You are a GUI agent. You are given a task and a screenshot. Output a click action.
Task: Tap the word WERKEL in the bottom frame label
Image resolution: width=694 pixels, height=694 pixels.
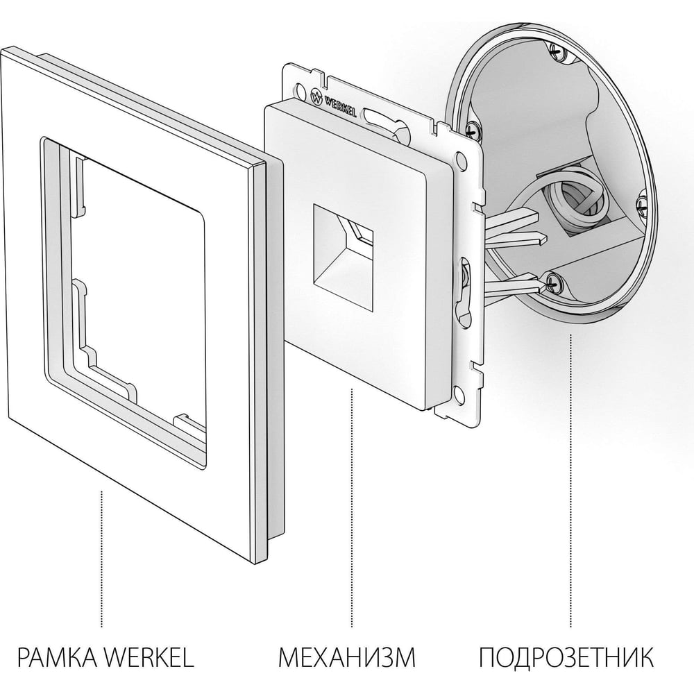149,657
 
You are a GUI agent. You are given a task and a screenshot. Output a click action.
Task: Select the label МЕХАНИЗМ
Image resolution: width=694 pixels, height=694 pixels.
347,657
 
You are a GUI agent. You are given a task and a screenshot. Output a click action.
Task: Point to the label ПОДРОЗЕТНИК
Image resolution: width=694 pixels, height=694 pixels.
566,657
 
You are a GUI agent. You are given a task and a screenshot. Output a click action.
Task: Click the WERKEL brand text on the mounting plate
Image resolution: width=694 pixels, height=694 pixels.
341,105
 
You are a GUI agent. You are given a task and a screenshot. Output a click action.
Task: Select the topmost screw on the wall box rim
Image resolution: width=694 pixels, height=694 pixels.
557,51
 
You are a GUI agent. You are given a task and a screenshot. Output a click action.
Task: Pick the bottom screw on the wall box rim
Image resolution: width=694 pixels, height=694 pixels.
552,281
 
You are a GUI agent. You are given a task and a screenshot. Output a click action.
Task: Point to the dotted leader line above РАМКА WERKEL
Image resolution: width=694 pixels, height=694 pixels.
102,559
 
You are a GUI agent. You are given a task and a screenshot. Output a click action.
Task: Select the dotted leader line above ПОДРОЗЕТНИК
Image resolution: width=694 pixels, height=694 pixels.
570,481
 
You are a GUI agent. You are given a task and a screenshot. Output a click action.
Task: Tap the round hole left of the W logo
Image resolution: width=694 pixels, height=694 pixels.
301,90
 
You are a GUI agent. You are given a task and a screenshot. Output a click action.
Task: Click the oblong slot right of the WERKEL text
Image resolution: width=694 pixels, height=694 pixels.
380,119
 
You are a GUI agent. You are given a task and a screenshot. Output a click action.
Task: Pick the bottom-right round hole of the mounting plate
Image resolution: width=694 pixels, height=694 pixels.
459,391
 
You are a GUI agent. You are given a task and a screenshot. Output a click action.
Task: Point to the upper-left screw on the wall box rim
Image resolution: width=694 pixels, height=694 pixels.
472,128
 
